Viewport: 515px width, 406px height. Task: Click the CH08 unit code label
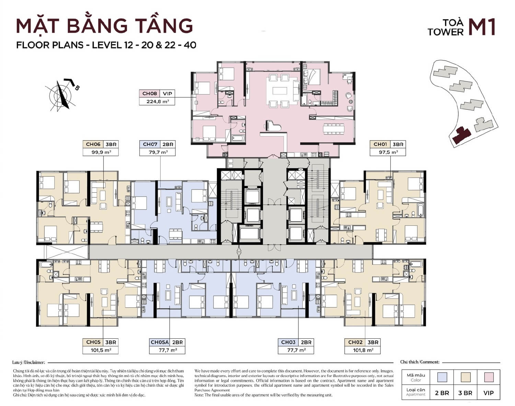click(x=150, y=94)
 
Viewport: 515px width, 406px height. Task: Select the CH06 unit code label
click(x=93, y=144)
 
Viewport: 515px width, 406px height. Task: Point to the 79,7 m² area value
click(x=158, y=152)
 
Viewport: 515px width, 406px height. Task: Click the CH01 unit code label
click(x=380, y=144)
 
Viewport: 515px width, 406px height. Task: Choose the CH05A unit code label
click(x=160, y=342)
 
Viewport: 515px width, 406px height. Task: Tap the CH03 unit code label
click(x=288, y=342)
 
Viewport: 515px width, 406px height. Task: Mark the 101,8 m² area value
click(x=363, y=350)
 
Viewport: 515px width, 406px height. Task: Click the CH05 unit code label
click(x=93, y=342)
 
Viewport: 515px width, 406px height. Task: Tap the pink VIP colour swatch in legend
click(x=488, y=377)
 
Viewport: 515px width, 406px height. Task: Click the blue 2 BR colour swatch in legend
click(x=442, y=377)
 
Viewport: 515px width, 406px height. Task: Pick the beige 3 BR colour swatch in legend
click(x=465, y=377)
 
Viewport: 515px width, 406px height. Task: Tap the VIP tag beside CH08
click(x=168, y=94)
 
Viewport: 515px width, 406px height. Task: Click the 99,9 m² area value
click(x=101, y=152)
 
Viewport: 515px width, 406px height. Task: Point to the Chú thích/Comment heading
click(x=420, y=362)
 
